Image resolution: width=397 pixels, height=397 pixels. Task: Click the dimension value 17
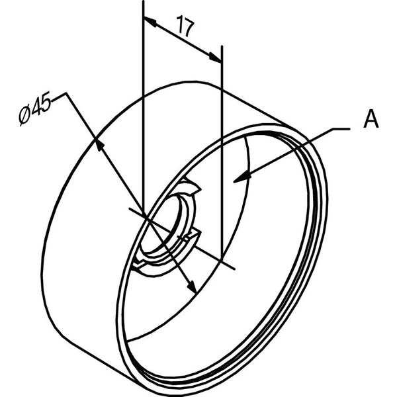186,26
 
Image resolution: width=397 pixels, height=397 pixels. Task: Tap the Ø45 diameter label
36,108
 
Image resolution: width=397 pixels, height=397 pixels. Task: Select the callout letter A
371,118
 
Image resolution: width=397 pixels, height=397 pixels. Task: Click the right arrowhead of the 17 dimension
215,57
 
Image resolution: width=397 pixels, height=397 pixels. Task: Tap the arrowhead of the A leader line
242,177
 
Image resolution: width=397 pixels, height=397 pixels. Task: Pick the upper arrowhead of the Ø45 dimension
99,146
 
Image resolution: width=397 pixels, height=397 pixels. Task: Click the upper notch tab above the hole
191,185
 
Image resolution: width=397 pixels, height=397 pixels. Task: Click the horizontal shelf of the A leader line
341,129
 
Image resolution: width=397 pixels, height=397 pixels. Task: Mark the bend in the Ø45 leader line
66,93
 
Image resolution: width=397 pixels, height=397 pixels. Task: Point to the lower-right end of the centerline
234,269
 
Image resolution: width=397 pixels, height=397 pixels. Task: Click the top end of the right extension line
222,46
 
